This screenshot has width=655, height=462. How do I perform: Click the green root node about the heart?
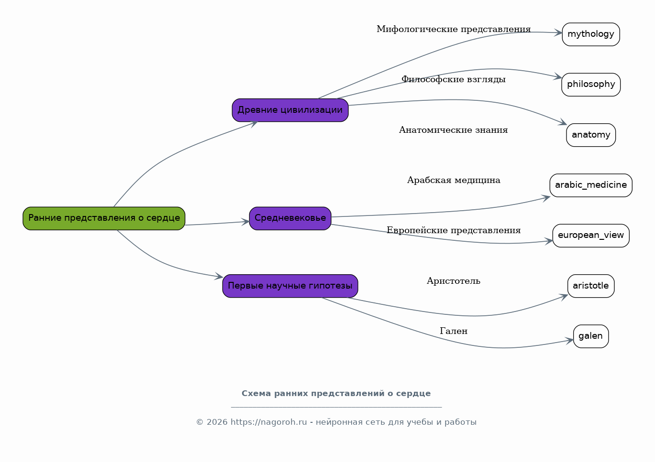[x=104, y=218]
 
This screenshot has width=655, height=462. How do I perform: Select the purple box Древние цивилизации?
[x=290, y=110]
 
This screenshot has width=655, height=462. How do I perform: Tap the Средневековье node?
[x=290, y=218]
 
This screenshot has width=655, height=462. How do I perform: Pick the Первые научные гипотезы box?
[x=290, y=286]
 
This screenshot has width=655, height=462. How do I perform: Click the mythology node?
[x=591, y=34]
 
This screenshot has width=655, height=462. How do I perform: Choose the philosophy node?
[x=591, y=85]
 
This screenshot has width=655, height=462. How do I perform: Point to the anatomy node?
[x=591, y=135]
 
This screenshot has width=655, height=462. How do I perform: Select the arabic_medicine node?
[x=591, y=185]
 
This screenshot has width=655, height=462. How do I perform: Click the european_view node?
[x=591, y=236]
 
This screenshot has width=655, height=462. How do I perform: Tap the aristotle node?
[x=591, y=286]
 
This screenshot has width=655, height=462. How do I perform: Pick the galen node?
[x=591, y=336]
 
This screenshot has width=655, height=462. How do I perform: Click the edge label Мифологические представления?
[x=454, y=29]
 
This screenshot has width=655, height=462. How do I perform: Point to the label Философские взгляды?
[x=454, y=79]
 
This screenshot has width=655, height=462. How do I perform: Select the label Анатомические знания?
[x=454, y=129]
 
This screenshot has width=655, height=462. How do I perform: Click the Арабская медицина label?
[x=454, y=180]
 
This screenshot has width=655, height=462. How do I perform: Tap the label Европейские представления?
[x=454, y=230]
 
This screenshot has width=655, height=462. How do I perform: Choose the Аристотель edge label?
[x=454, y=281]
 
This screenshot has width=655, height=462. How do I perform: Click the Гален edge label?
[x=454, y=331]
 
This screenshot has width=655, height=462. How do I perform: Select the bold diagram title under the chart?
[x=336, y=394]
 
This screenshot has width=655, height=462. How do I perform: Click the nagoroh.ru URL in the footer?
[x=269, y=422]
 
